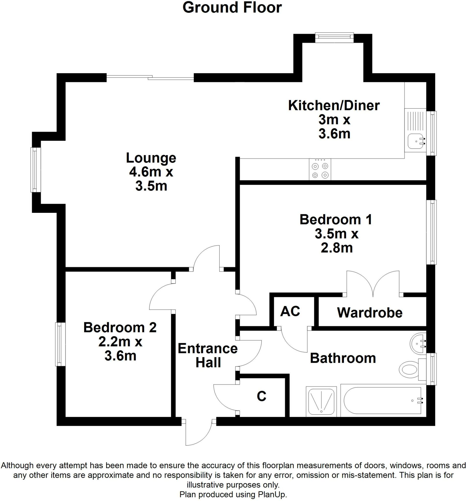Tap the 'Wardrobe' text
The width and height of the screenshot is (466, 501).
tap(370, 313)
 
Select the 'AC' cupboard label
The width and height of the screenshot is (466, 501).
tap(290, 311)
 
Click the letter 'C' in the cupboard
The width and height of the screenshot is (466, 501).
tap(261, 396)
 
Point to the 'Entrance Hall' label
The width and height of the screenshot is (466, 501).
tap(208, 356)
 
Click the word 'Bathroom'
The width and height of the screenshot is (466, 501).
tap(343, 358)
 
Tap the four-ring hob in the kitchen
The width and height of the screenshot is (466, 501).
tap(320, 170)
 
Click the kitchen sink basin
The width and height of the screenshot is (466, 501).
tap(416, 141)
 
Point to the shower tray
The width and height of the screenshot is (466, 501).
tap(321, 401)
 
